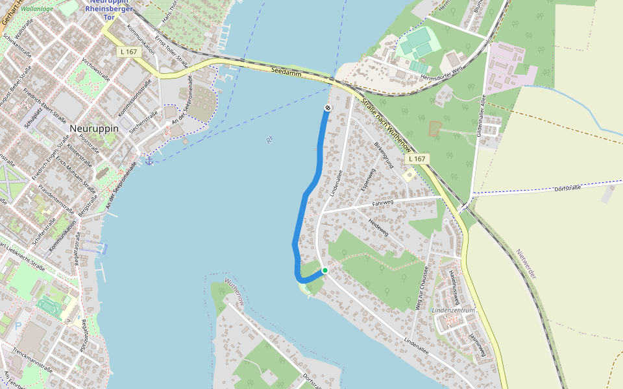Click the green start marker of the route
[325, 270]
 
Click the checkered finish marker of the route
[328, 107]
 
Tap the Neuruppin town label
[94, 128]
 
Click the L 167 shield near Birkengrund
[416, 159]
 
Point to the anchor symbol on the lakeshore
[149, 160]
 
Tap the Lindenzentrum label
[454, 311]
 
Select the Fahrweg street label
[383, 204]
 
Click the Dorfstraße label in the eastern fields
[566, 188]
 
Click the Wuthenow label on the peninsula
[234, 290]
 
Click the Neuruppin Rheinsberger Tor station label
[109, 9]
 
